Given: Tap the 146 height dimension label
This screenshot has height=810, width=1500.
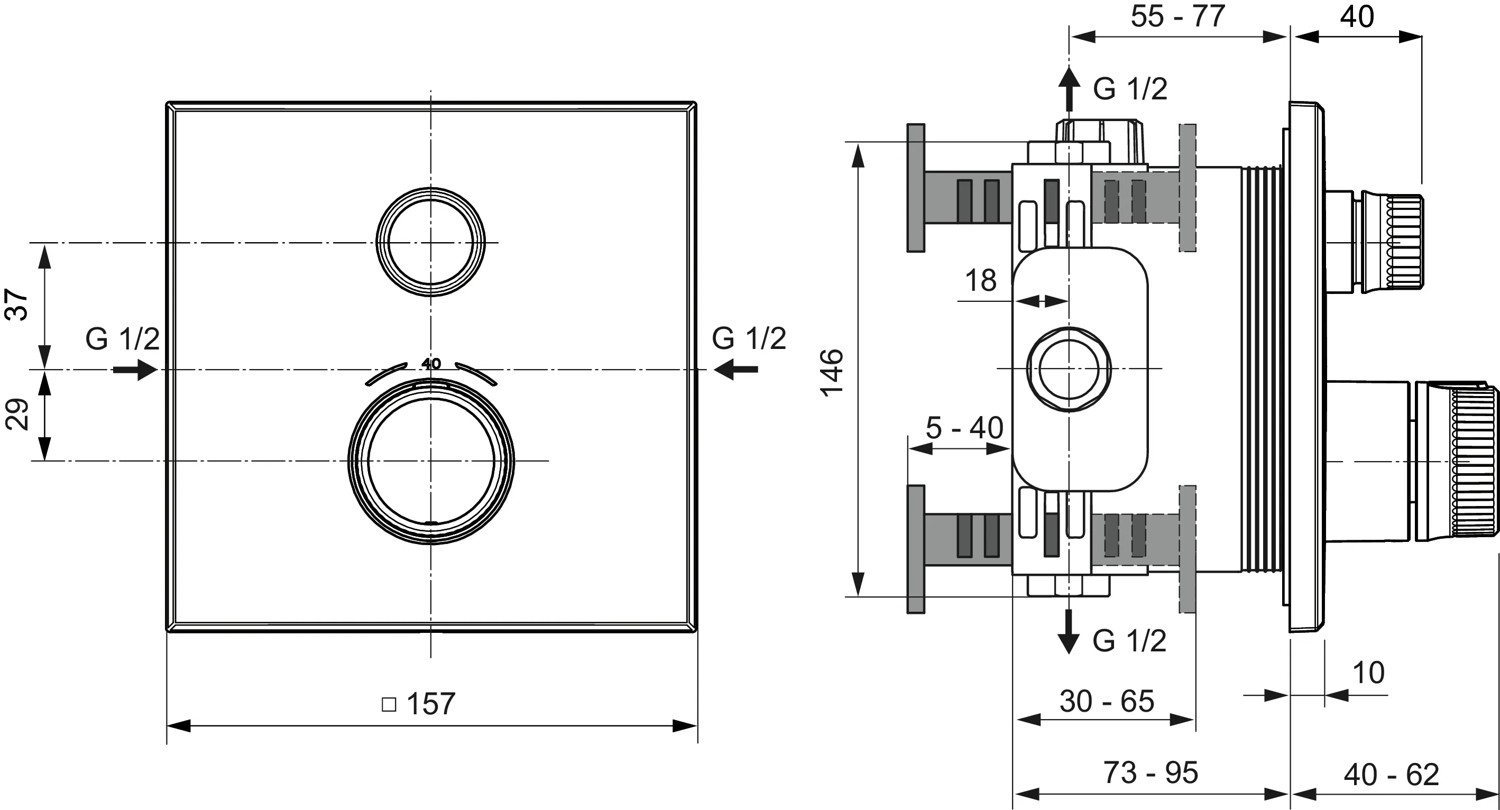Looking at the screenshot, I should [832, 373].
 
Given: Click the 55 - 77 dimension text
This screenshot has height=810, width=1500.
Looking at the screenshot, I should [1177, 16].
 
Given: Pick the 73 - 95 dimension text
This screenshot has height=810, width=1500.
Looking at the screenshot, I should [1151, 773].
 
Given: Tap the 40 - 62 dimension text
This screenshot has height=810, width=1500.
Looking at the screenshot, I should [1391, 774].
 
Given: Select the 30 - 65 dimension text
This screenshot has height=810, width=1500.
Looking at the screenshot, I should [1107, 701].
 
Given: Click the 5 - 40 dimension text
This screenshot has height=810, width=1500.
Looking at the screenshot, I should [964, 428].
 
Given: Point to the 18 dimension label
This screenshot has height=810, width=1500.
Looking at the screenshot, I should [981, 281].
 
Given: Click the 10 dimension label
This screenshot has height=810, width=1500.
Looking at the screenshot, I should [1368, 673].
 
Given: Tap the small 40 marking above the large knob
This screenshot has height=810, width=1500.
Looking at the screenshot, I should [431, 364].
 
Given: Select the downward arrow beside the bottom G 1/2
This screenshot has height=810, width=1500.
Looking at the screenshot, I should [1069, 632].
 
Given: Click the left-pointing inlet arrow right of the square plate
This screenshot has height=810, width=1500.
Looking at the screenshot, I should [736, 369].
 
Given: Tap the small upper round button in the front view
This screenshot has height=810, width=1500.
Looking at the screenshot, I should [430, 242].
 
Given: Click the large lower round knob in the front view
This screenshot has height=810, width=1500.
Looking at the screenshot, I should [431, 461].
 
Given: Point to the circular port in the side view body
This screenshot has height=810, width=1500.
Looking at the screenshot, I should [1069, 369].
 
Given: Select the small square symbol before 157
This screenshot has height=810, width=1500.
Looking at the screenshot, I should [389, 705].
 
